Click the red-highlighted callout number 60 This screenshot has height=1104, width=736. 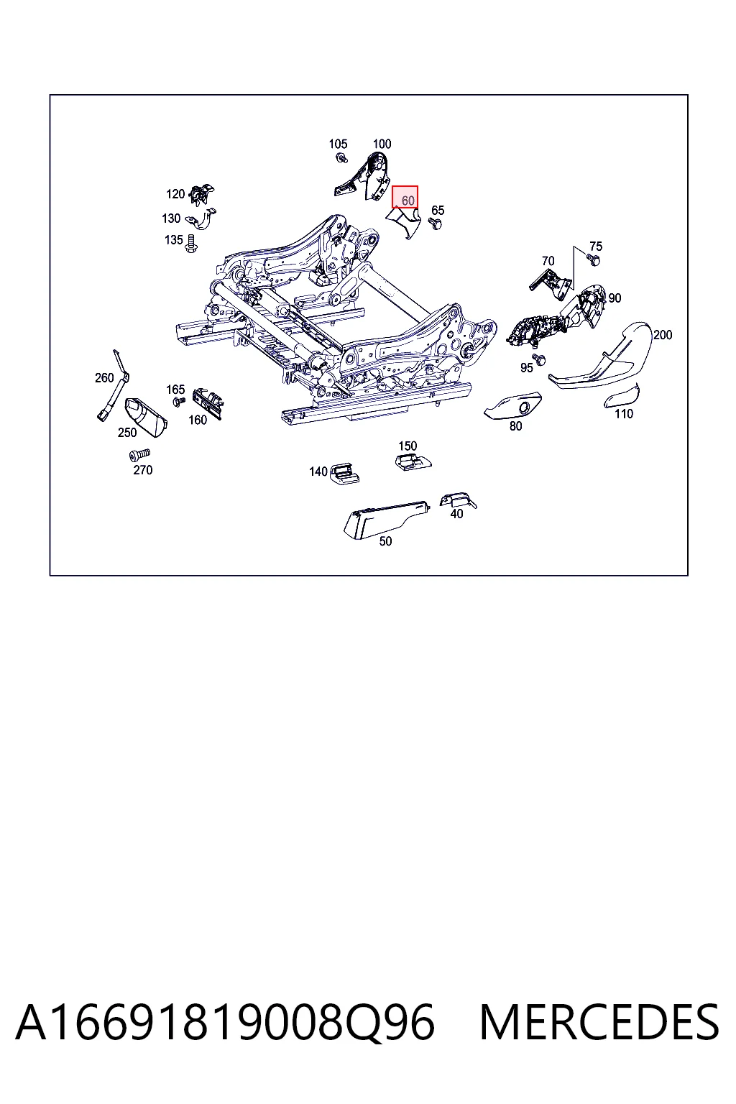click(x=408, y=201)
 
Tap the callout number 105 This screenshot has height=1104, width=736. click(x=338, y=144)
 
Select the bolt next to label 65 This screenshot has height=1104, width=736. click(x=436, y=224)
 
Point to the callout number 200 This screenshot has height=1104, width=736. click(x=663, y=335)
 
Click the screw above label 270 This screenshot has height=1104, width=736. click(x=139, y=454)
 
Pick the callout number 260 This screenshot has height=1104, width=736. click(x=104, y=377)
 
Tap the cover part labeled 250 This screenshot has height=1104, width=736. click(x=146, y=417)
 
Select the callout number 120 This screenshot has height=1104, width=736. click(x=175, y=193)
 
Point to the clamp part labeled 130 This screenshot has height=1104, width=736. click(x=201, y=220)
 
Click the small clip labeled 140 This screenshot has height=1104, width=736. click(x=344, y=474)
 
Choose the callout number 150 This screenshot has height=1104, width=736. click(x=408, y=446)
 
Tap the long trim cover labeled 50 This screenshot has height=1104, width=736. click(x=386, y=518)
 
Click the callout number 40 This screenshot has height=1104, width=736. click(x=456, y=514)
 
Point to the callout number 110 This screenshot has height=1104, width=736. click(x=624, y=413)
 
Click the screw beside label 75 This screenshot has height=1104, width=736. click(x=593, y=259)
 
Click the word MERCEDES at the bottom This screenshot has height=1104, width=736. click(x=599, y=1022)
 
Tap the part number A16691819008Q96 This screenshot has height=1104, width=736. click(x=225, y=1023)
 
